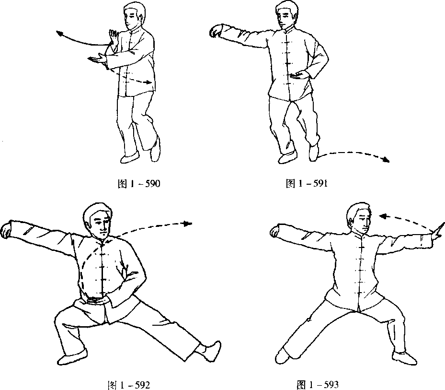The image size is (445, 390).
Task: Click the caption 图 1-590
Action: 139,184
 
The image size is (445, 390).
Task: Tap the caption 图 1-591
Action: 307,183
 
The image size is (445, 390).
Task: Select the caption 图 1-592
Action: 129,385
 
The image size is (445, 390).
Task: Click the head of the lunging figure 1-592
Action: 98,219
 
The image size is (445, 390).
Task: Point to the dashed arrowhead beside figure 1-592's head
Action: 188,224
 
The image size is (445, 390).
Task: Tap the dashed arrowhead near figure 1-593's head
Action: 384,217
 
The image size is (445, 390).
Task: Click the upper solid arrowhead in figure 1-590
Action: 60,33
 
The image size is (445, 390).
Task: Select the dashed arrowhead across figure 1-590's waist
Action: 148,83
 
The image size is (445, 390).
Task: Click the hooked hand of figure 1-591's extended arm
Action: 216,30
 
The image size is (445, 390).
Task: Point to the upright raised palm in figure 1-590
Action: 114,36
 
